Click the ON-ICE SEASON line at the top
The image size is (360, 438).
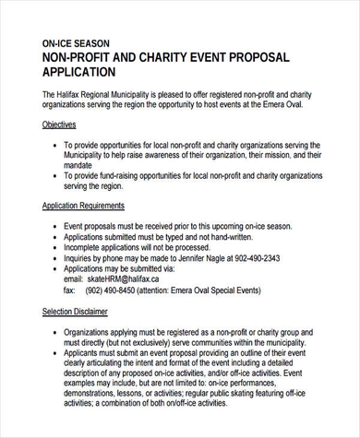(x=77, y=43)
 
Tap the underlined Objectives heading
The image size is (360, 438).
(x=59, y=124)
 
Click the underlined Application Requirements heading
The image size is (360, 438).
(x=84, y=206)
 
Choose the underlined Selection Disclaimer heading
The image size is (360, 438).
(x=76, y=312)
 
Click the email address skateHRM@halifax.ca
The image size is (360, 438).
(x=125, y=278)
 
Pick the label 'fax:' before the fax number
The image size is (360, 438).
(x=69, y=289)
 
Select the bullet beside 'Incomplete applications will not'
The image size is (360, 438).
(x=54, y=247)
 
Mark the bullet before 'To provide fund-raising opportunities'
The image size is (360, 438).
(x=54, y=175)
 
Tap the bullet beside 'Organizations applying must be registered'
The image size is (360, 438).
(x=54, y=330)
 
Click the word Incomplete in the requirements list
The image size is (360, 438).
(x=85, y=247)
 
